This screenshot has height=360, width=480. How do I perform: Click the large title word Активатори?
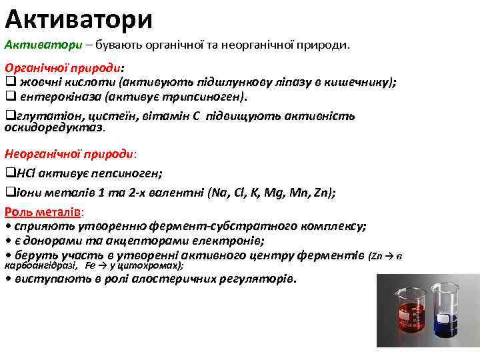79,18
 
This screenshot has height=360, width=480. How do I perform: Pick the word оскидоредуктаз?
54,127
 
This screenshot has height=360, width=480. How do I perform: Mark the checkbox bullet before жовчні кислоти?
10,83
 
